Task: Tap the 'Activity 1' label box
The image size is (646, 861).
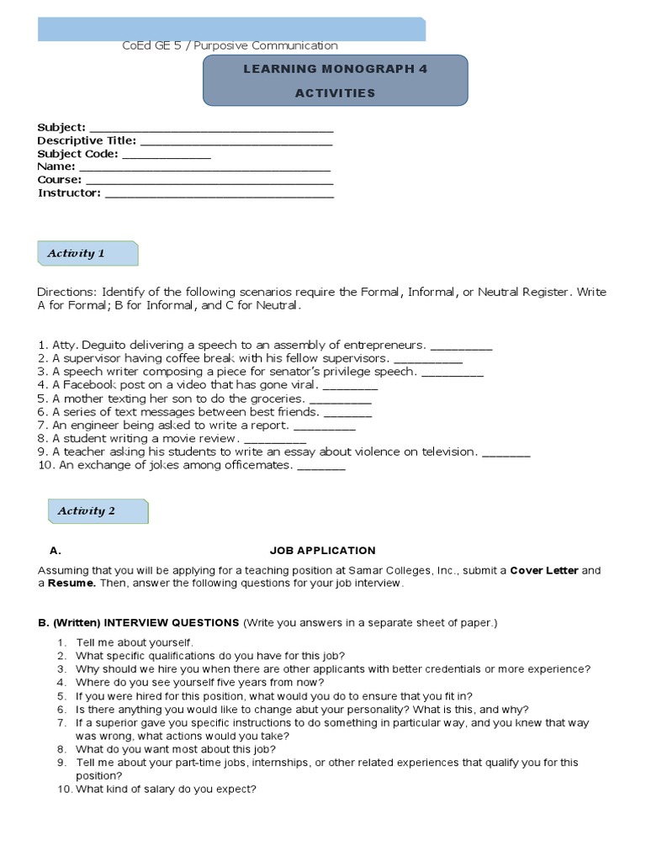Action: point(87,253)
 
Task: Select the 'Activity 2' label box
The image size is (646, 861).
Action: point(98,510)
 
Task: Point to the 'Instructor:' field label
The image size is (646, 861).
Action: point(69,193)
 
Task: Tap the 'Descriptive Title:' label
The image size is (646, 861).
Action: point(87,141)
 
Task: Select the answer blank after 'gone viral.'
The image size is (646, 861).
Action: point(351,387)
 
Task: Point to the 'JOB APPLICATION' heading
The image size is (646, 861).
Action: point(323,551)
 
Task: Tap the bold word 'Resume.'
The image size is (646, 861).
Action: point(71,583)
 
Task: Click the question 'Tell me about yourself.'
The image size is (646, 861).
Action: point(134,642)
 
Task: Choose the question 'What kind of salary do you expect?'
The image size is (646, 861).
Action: point(165,790)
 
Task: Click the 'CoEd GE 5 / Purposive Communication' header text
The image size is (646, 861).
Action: point(230,45)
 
